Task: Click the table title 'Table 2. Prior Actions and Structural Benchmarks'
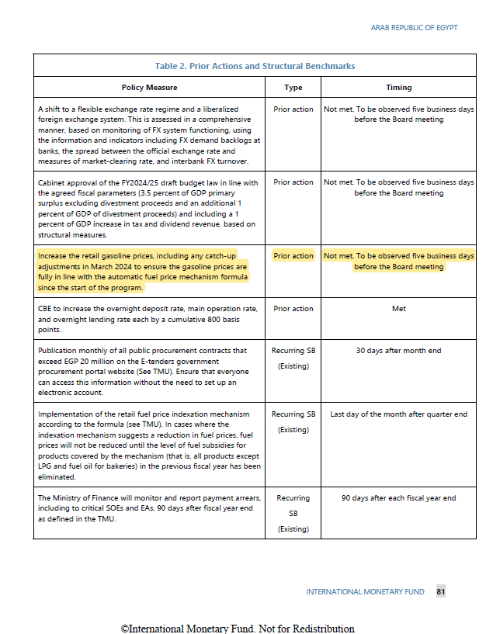[x=255, y=66]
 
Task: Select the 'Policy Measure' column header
[x=149, y=88]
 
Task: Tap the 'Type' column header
[x=293, y=88]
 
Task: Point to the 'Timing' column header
[x=398, y=88]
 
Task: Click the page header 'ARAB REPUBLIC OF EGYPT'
[x=414, y=28]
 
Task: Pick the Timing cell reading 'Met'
[x=398, y=309]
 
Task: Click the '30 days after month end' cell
[x=398, y=351]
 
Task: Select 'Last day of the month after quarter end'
[x=398, y=414]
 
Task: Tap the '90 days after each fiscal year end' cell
[x=398, y=498]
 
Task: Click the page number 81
[x=440, y=591]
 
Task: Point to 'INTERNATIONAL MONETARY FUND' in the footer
[x=365, y=592]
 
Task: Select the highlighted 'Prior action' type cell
[x=293, y=256]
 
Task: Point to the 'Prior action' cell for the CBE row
[x=293, y=309]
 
